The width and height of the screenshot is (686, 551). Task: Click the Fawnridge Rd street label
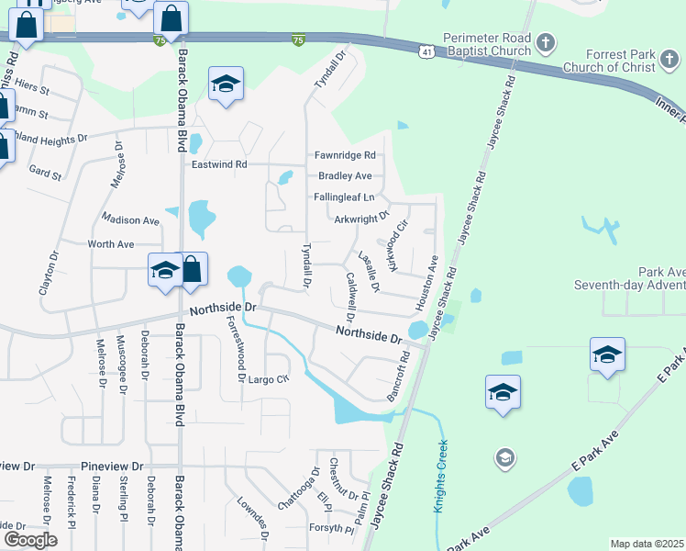345,155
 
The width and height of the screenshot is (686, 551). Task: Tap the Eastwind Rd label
220,164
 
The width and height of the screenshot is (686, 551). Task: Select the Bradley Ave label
345,175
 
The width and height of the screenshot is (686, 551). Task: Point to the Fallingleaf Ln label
344,197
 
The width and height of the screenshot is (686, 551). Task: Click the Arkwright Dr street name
362,219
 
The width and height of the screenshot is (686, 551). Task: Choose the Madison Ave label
131,220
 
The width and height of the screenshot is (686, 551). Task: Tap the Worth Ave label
111,244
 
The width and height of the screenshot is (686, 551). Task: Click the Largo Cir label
269,378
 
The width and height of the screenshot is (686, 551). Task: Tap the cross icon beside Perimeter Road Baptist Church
546,42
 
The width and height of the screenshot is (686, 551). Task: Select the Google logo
29,540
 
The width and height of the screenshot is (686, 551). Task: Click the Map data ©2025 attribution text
647,544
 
